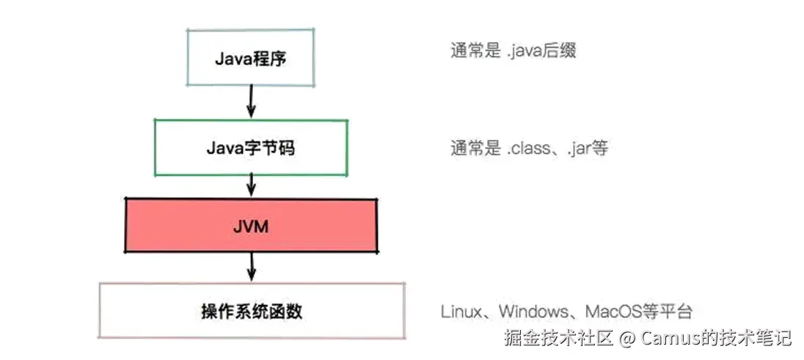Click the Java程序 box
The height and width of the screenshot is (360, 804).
pos(250,57)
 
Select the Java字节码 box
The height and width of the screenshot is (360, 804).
pos(250,147)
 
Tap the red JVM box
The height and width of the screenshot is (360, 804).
pos(252,225)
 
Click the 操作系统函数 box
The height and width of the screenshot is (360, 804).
pos(252,311)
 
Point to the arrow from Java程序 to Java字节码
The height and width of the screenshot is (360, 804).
pos(252,101)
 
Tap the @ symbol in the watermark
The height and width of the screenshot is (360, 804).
pos(626,339)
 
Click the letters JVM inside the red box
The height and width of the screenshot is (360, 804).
pos(252,226)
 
